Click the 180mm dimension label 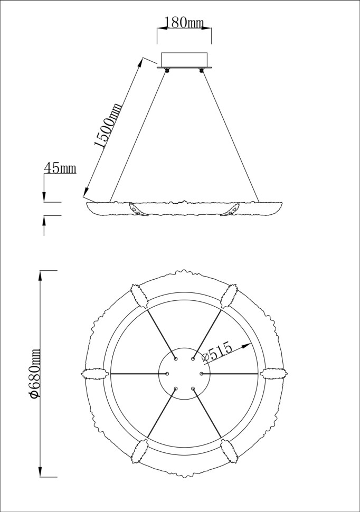pos(184,22)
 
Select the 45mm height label pos(60,169)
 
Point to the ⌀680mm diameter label pos(35,373)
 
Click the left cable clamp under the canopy pos(167,70)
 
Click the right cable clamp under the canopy pos(201,70)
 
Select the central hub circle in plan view pos(184,373)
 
